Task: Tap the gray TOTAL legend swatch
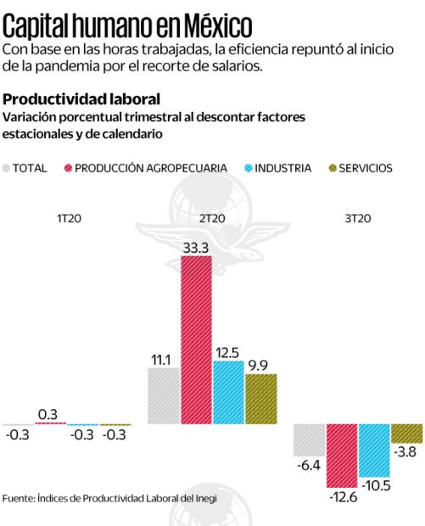point(9,168)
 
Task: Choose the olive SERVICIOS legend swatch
point(331,168)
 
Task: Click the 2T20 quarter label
point(211,219)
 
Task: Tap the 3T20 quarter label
point(357,219)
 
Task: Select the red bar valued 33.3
point(196,339)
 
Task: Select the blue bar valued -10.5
point(373,450)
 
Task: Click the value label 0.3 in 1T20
point(48,414)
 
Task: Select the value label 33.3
point(196,247)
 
